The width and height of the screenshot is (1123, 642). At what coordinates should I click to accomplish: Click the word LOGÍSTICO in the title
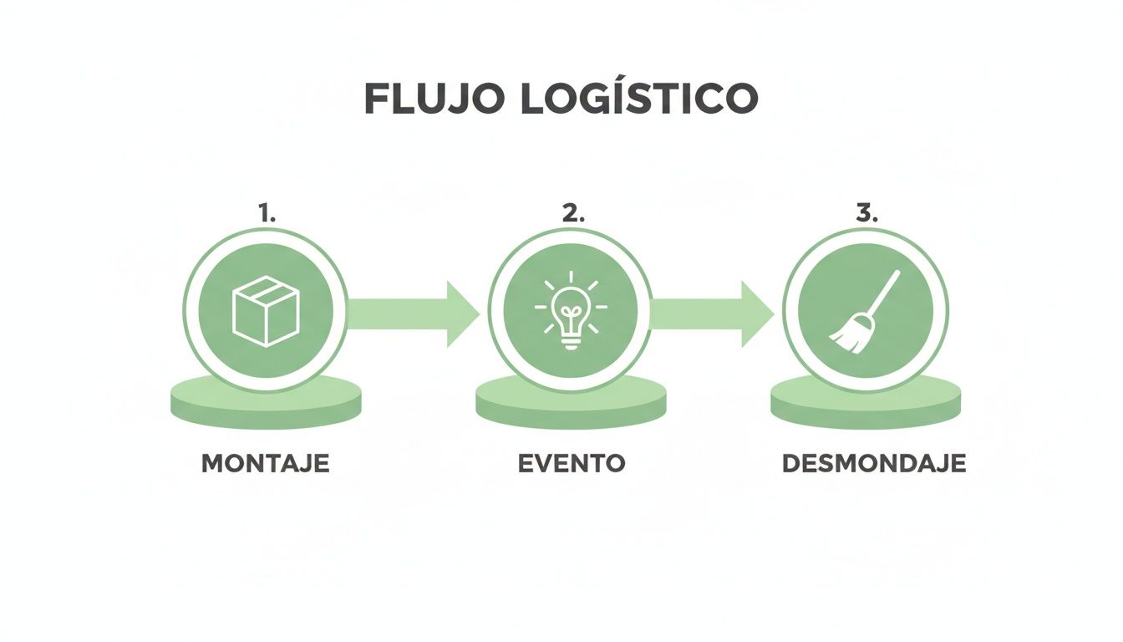coord(639,99)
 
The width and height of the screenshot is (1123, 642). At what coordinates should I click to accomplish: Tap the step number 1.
coord(267,213)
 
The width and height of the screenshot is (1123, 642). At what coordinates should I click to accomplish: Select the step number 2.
coord(572,213)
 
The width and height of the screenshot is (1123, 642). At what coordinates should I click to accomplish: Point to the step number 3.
coord(867,213)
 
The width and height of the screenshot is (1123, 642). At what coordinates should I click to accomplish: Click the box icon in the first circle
coord(266,310)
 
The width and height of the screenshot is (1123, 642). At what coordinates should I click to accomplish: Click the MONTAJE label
coord(266,464)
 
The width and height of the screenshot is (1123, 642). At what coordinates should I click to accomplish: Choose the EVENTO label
coord(572,464)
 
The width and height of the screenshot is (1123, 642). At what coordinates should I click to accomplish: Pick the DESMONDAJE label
coord(874,464)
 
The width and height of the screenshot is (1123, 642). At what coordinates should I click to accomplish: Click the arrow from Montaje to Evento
coord(414,314)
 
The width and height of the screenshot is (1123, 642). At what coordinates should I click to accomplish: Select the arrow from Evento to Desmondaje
coord(710,314)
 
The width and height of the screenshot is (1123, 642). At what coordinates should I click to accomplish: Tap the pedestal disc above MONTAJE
coord(266,404)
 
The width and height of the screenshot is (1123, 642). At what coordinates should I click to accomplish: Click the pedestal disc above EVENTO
coord(571,404)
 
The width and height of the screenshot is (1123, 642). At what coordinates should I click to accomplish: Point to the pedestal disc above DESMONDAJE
coord(865,404)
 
